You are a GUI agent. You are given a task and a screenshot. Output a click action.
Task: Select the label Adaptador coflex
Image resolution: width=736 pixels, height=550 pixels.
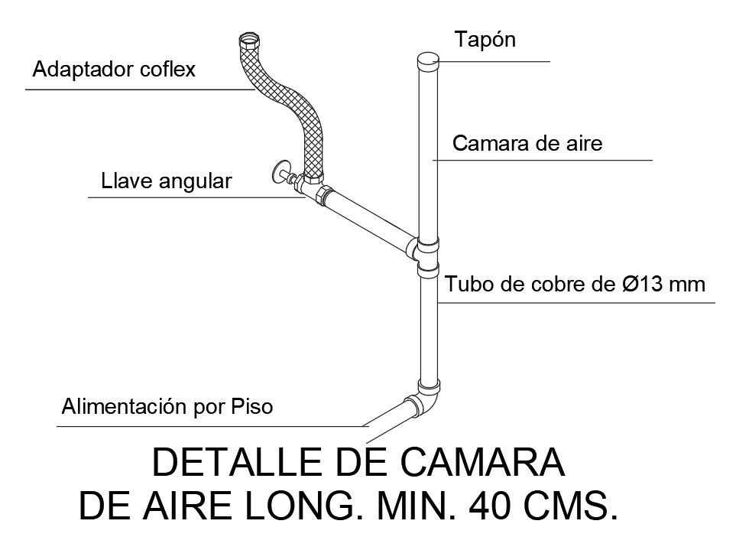(115, 70)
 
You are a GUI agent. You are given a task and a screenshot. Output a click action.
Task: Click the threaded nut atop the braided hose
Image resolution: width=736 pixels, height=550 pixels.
(249, 40)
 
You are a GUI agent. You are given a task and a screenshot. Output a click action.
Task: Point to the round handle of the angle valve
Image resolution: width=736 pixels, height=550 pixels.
(280, 171)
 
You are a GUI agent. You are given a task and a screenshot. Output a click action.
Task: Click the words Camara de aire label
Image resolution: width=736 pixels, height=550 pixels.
(528, 144)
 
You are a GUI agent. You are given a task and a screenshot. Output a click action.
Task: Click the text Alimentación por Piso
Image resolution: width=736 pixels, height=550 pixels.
(166, 406)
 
